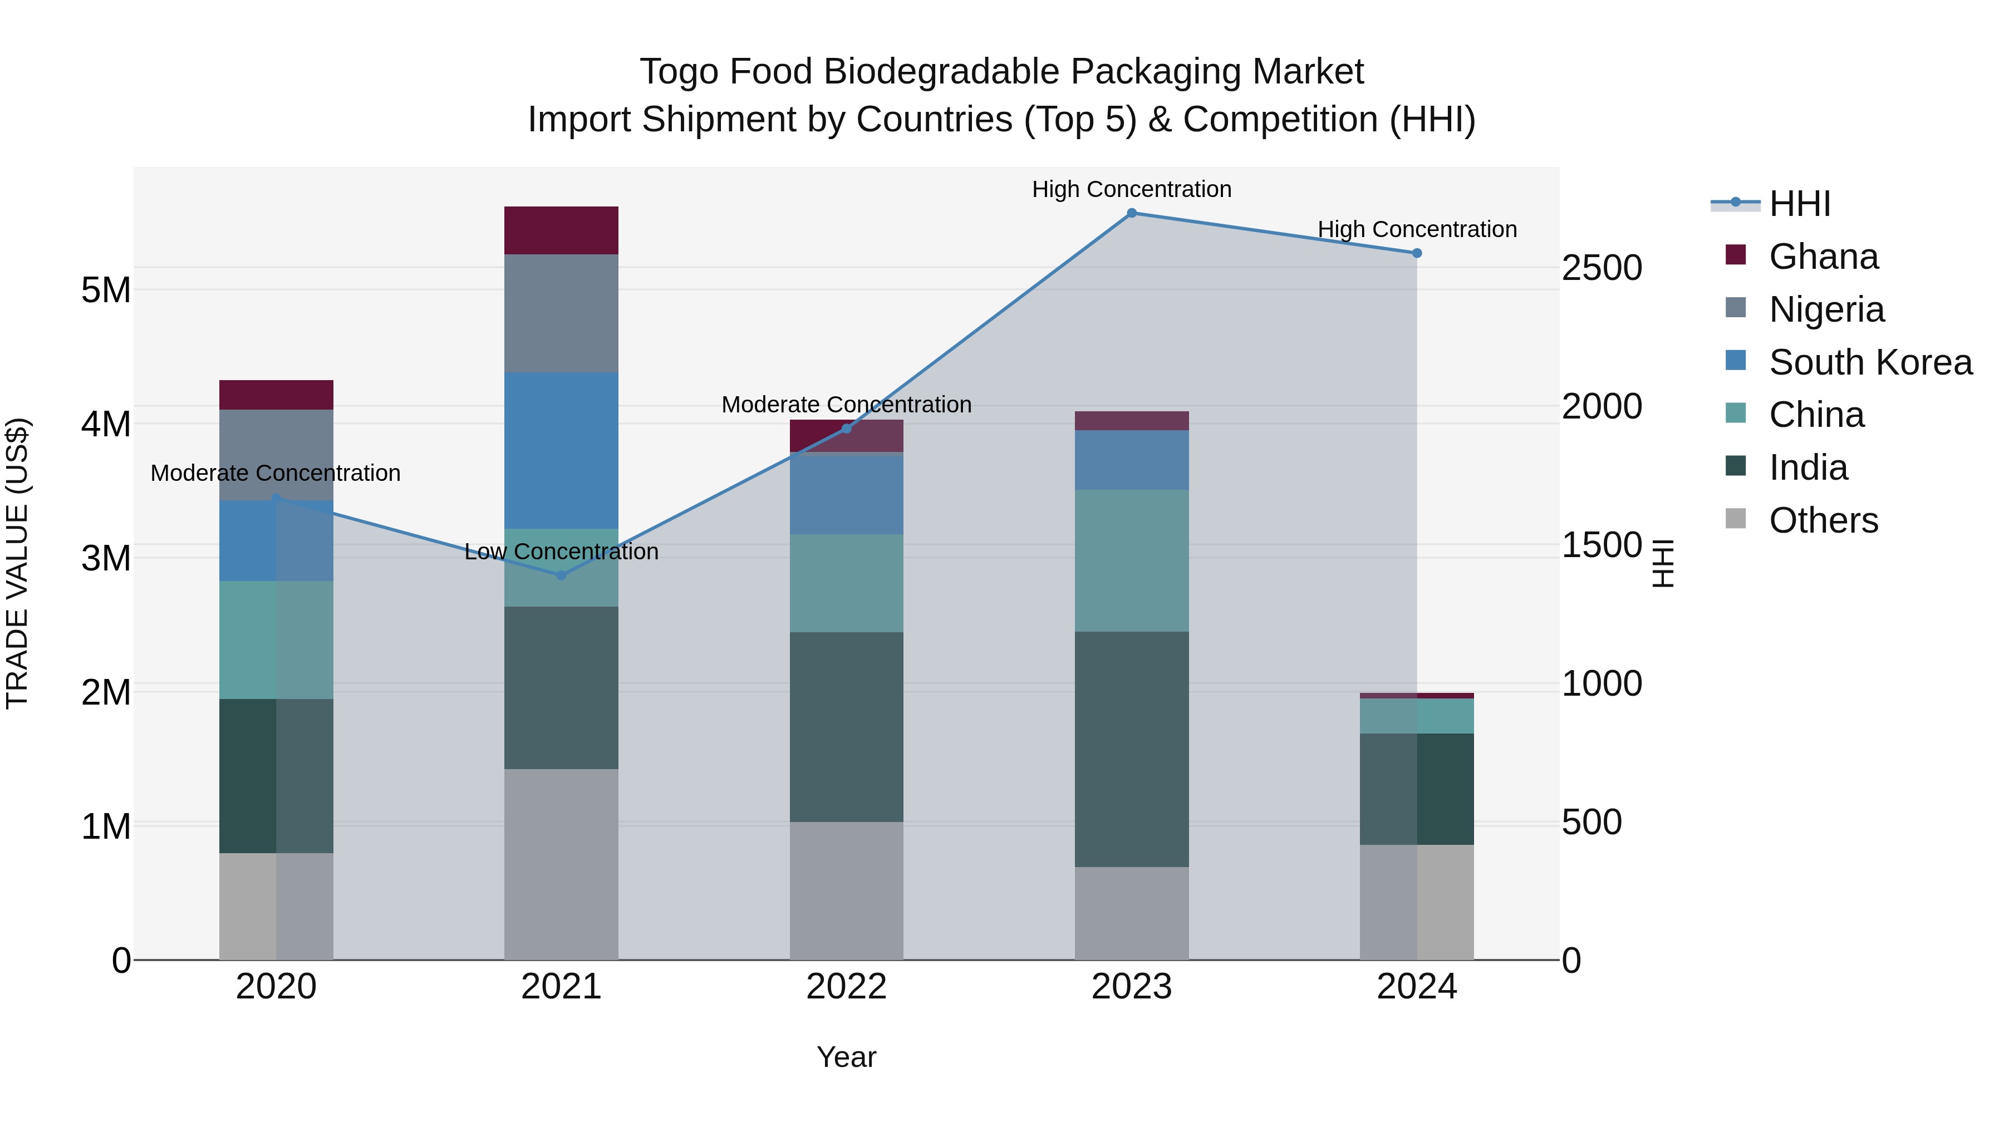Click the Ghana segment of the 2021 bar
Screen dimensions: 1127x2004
[561, 230]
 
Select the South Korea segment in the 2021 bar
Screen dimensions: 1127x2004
[561, 450]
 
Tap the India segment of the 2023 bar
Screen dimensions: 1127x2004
[1131, 749]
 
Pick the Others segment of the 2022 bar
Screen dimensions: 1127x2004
[846, 890]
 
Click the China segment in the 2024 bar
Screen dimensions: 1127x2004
[1417, 716]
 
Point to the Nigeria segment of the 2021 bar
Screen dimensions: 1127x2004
[561, 313]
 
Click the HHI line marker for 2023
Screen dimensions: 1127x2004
[1131, 213]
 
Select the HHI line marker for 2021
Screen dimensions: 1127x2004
[561, 575]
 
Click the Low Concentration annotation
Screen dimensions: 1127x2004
[561, 552]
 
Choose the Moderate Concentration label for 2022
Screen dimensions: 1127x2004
[846, 405]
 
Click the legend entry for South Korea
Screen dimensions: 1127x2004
[1870, 362]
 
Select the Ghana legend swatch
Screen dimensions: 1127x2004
[1736, 255]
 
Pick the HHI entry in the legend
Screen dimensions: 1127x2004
[1799, 204]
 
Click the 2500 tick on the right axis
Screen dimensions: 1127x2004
[1602, 268]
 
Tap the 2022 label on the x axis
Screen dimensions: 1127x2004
[846, 987]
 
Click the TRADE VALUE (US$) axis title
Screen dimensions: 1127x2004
[18, 563]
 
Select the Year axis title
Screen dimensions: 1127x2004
[846, 1057]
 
